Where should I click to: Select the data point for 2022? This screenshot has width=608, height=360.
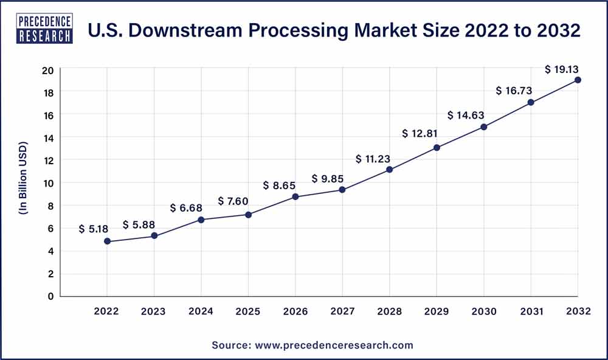(108, 241)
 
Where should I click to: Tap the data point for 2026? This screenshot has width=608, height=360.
(295, 196)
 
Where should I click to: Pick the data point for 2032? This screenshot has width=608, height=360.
(578, 80)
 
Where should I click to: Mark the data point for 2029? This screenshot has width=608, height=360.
(437, 147)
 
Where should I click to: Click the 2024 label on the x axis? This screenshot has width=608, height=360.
(201, 311)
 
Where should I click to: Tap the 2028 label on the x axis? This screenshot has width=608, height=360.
(390, 311)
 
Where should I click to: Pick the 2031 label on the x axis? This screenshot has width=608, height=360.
(531, 311)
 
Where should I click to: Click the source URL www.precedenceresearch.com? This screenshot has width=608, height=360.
(333, 345)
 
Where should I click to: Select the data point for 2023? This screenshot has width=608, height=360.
(154, 236)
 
